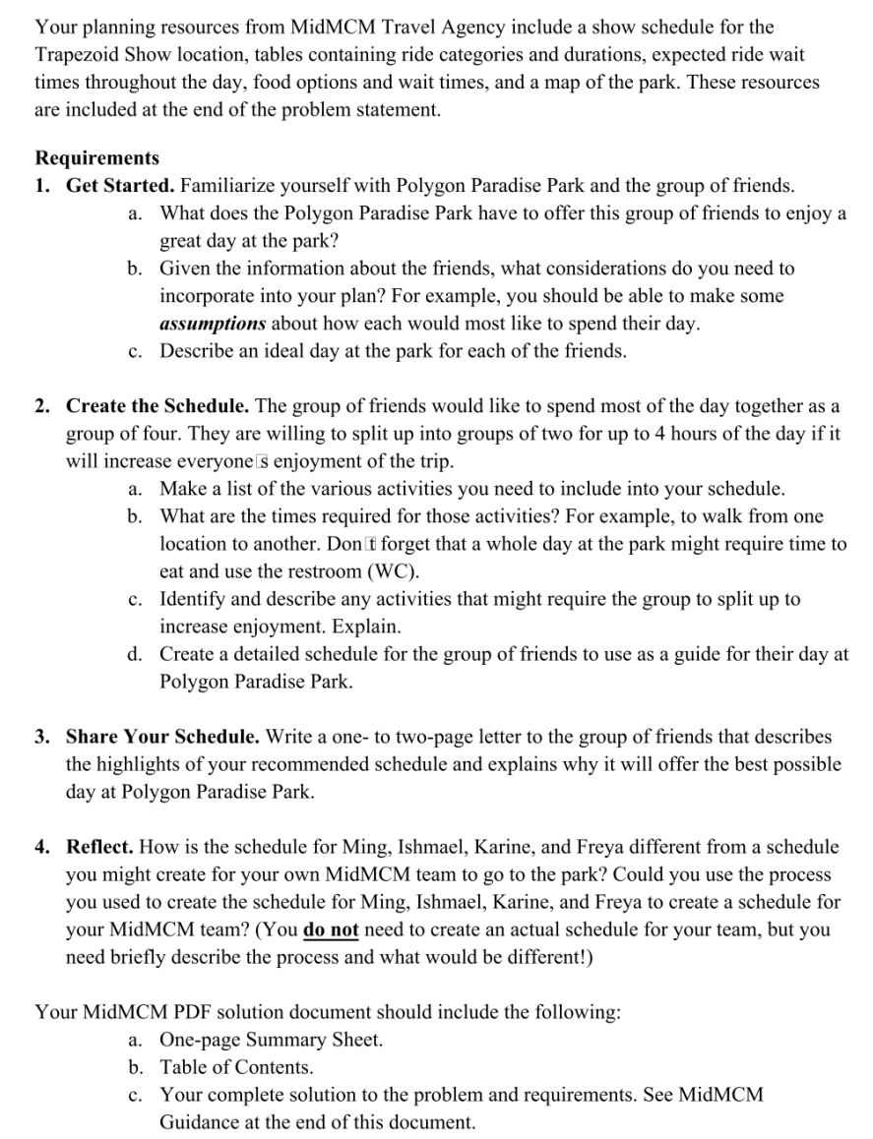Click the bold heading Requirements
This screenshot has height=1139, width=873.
pos(96,157)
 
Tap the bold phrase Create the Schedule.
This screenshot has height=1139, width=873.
pos(158,405)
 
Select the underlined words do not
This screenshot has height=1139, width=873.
pos(331,929)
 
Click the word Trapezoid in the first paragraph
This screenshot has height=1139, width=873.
pos(80,54)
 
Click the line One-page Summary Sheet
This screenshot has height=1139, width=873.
pos(271,1039)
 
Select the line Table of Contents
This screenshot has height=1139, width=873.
pos(236,1066)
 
